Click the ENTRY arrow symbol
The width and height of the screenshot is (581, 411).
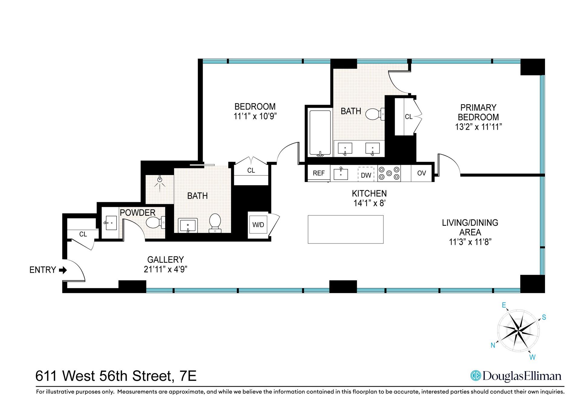pos(63,270)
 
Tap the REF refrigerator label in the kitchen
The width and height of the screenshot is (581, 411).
pos(318,173)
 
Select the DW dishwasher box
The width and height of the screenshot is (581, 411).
pos(366,175)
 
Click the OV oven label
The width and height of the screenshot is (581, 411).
pos(421,173)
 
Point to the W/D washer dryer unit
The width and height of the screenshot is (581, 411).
pos(258,225)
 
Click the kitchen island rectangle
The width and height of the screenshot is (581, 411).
pos(346,229)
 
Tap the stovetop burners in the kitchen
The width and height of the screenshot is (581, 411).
pos(389,173)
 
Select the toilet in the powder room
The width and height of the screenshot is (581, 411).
pos(155,223)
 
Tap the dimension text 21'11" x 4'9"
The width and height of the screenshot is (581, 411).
pos(166,269)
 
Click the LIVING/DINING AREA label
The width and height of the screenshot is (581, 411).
pos(470,227)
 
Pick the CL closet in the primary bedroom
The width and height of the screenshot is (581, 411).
pos(408,117)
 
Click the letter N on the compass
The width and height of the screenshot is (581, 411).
pos(493,345)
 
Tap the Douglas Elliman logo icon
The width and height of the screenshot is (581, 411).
pos(476,376)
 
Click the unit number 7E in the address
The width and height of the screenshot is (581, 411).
pos(188,376)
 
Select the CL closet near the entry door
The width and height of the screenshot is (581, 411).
pos(83,234)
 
